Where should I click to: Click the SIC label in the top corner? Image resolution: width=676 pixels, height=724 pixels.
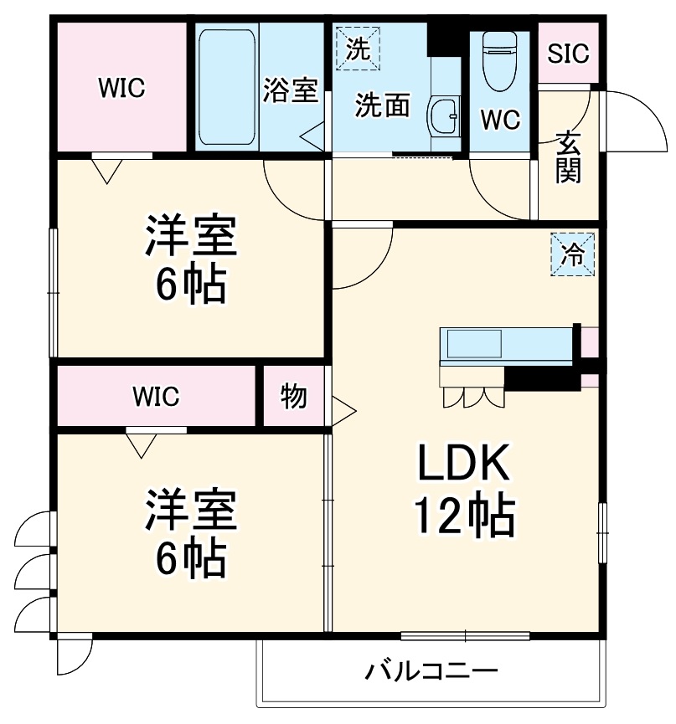(x=569, y=53)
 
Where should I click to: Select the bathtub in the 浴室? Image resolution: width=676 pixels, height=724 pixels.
(x=228, y=86)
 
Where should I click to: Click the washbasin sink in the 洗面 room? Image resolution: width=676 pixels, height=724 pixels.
(x=443, y=116)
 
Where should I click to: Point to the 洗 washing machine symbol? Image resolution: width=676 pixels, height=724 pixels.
(x=358, y=48)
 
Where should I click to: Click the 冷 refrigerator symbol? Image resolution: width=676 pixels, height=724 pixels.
(x=572, y=254)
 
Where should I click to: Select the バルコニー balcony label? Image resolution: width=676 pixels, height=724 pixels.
(x=431, y=671)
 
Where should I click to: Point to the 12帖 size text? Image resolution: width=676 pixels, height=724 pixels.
(x=463, y=516)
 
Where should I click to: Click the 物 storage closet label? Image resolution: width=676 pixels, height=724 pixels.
(x=293, y=397)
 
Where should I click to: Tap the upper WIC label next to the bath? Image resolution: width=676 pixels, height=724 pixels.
(x=121, y=86)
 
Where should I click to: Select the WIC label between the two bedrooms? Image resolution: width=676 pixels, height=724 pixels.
(x=155, y=397)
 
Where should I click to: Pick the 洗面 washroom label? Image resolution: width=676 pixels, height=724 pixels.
(x=383, y=105)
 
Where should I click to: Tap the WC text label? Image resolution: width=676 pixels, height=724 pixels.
(x=500, y=120)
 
